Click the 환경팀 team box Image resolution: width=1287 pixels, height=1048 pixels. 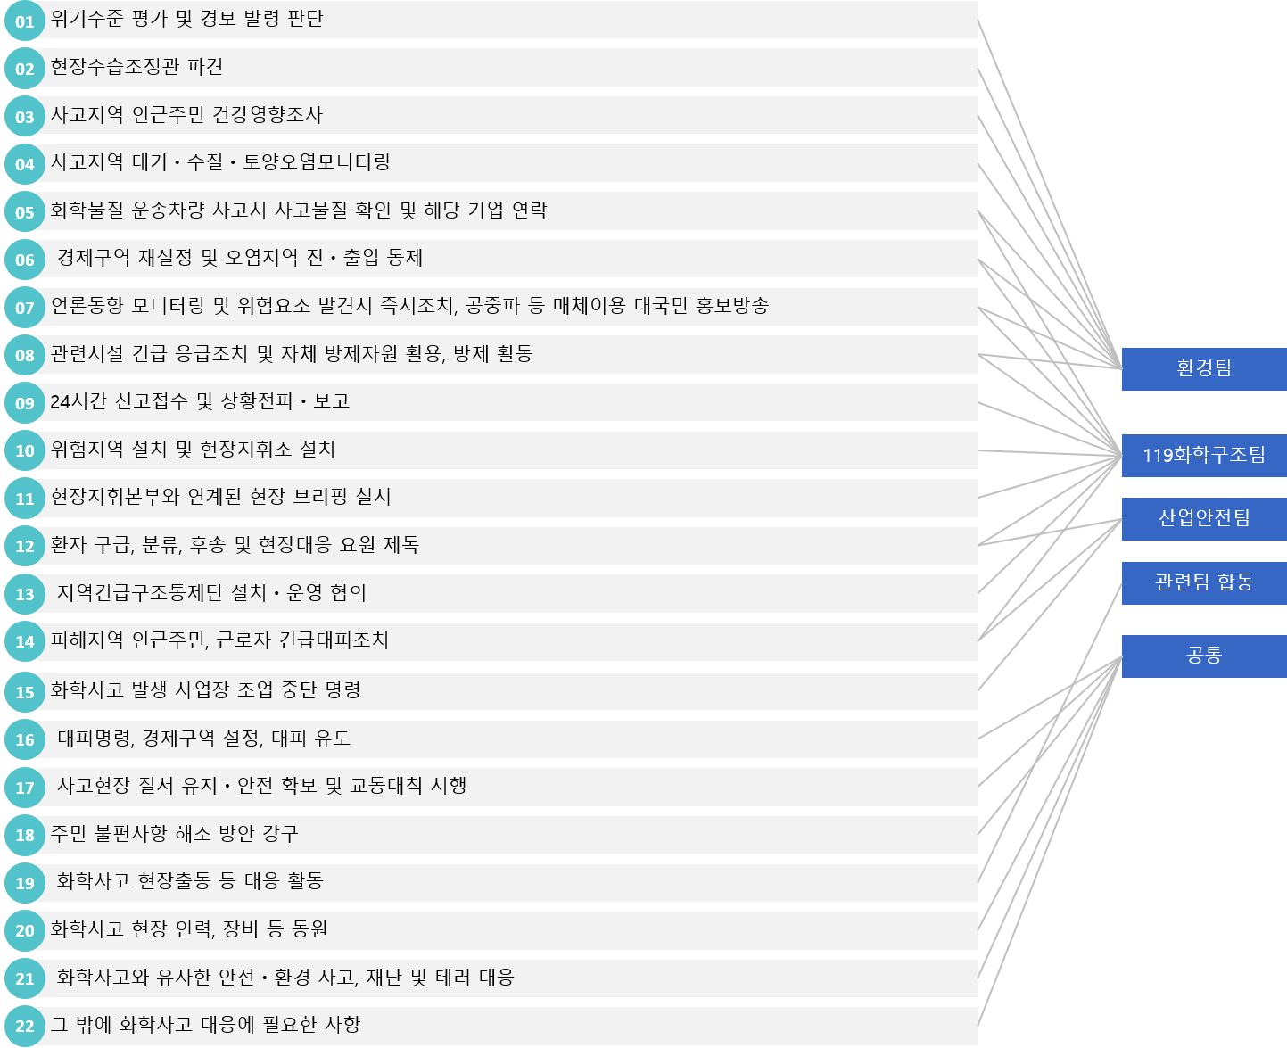[1203, 368]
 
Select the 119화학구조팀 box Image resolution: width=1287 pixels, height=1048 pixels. [1203, 455]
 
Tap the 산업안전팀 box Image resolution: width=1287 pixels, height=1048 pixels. [1203, 518]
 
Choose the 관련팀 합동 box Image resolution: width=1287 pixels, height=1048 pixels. [1203, 582]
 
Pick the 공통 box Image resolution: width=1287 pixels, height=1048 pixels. [1203, 656]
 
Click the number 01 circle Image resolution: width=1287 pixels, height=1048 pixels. [25, 21]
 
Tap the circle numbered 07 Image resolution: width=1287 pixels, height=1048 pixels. [25, 308]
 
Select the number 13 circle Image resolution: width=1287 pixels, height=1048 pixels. [25, 594]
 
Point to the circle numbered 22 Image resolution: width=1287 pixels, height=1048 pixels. [25, 1026]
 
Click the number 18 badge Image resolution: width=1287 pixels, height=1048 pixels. [25, 835]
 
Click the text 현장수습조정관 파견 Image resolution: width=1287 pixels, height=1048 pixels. [136, 67]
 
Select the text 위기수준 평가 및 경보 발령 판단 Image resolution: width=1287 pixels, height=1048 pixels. [186, 19]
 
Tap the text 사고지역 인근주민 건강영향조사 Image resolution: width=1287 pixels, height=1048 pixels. [186, 115]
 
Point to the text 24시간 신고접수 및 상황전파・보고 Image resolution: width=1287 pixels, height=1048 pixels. [200, 401]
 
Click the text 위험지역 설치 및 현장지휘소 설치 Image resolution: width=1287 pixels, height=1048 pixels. [193, 450]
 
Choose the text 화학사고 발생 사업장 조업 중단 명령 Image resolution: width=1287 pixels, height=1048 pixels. [205, 690]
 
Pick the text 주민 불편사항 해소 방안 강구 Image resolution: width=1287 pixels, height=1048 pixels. [174, 834]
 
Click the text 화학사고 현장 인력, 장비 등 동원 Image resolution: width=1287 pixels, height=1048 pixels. [189, 929]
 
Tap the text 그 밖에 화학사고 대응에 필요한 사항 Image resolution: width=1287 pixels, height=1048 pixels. [205, 1025]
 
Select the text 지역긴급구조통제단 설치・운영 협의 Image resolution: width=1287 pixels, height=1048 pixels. [211, 593]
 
